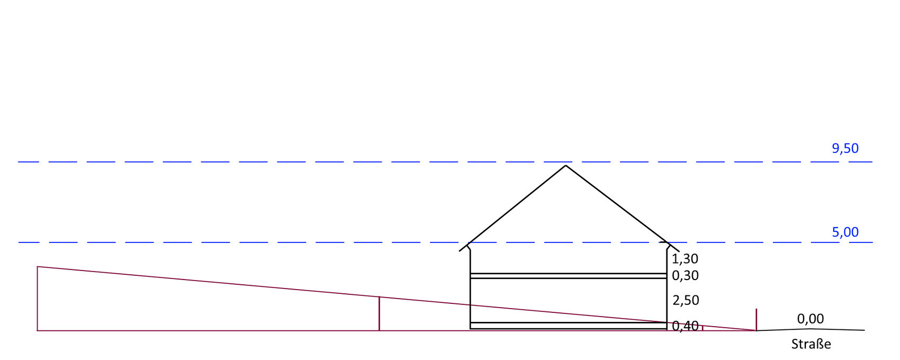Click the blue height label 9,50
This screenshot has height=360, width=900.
pos(845,149)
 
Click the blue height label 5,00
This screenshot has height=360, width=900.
pos(845,232)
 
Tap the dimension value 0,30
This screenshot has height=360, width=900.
pos(685,276)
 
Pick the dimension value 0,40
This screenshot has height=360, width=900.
pos(685,326)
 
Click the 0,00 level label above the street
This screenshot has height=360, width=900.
pos(811,319)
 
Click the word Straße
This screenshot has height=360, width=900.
pos(811,344)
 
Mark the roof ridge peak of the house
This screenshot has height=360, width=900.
pos(566,166)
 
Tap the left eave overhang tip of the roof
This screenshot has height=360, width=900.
pos(460,251)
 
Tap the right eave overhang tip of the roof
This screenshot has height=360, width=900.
pos(679,251)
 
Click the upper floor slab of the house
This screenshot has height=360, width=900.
pos(569,276)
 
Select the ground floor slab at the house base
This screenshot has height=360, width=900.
pos(569,326)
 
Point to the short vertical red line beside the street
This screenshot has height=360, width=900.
pos(757,320)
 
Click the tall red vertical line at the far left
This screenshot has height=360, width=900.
pos(38,299)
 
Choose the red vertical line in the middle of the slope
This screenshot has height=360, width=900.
pos(379,314)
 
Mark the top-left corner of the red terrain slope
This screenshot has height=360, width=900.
pos(38,267)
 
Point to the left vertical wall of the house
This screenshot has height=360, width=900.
pos(470,289)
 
